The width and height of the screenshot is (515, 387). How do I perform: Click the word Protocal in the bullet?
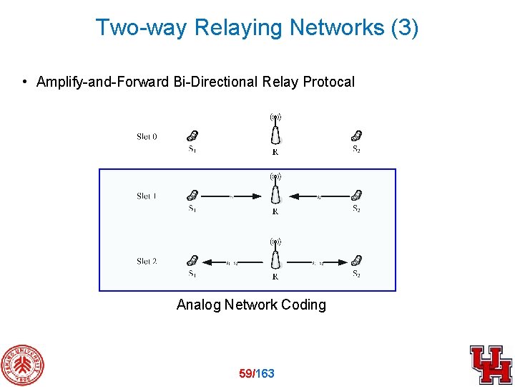(x=329, y=82)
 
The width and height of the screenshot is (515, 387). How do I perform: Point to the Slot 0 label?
(x=147, y=136)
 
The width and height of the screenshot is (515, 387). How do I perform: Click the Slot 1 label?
(x=147, y=196)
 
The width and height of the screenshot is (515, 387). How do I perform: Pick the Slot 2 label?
(x=147, y=262)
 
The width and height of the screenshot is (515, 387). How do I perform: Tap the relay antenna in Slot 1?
(x=275, y=191)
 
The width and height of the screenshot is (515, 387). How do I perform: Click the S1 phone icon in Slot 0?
(x=192, y=135)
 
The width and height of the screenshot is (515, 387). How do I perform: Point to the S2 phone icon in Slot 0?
(x=357, y=135)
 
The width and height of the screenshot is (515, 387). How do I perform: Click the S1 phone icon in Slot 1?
(x=192, y=195)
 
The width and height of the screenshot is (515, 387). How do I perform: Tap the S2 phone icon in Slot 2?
(x=357, y=261)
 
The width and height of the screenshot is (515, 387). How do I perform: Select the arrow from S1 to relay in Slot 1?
(x=232, y=196)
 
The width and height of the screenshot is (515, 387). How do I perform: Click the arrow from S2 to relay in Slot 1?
(x=318, y=196)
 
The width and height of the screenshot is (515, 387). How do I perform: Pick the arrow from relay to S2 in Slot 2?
(x=318, y=262)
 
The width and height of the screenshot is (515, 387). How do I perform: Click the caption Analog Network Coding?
(x=251, y=305)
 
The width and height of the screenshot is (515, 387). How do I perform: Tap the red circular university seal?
(x=21, y=365)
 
